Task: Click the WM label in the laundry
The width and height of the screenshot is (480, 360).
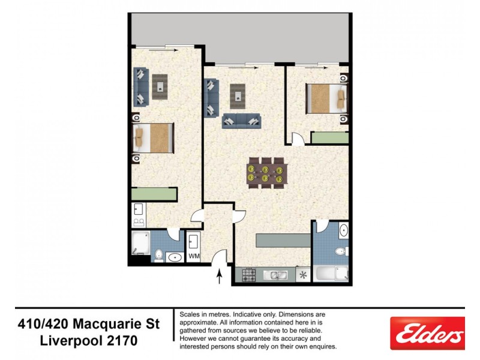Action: [194, 256]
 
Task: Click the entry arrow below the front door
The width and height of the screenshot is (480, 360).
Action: [220, 277]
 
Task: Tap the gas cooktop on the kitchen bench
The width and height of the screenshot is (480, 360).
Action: [249, 275]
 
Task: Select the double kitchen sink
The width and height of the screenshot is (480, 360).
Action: [277, 275]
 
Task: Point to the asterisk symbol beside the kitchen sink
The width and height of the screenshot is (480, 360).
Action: [303, 275]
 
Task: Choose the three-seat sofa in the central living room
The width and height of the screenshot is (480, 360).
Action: [242, 121]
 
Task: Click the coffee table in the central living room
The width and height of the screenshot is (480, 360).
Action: [240, 94]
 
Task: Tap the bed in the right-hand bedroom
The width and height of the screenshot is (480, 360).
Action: [326, 98]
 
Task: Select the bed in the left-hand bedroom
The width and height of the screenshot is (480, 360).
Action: [153, 137]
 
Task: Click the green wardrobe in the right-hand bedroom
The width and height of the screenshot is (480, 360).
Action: [329, 137]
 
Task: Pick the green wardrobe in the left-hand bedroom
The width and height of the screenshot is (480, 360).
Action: [154, 194]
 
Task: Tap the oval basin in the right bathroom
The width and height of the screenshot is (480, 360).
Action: [343, 230]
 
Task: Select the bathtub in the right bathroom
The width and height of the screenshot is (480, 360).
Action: [332, 274]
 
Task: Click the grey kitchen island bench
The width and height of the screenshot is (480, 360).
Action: [283, 239]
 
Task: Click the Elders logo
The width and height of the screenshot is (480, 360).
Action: [427, 334]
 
